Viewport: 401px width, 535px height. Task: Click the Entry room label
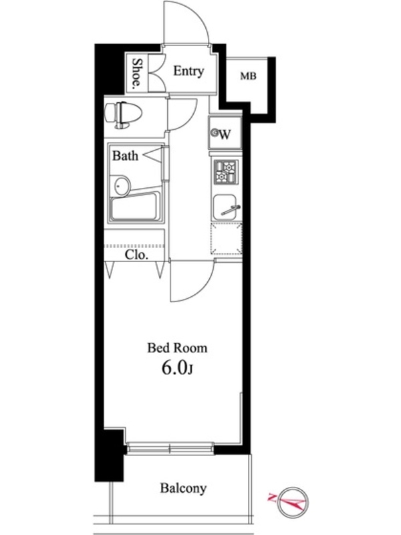pos(188,72)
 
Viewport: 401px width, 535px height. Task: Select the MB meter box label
pos(248,76)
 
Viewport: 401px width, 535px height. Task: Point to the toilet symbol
pos(123,114)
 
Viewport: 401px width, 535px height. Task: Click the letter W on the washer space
pos(225,135)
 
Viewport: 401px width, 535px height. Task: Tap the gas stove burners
pos(225,171)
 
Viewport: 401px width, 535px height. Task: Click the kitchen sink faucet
pos(231,210)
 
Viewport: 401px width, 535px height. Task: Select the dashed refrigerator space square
pos(227,238)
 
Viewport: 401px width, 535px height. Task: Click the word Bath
pos(125,156)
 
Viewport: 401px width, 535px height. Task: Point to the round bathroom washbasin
pos(121,186)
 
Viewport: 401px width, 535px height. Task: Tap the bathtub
pos(136,207)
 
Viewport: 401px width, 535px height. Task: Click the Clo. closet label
pos(136,255)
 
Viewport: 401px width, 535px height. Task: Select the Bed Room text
pos(177,348)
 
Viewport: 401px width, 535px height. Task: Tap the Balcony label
pos(183,488)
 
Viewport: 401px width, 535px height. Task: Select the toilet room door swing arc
pos(189,120)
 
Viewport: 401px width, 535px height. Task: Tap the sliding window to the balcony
pos(170,447)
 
